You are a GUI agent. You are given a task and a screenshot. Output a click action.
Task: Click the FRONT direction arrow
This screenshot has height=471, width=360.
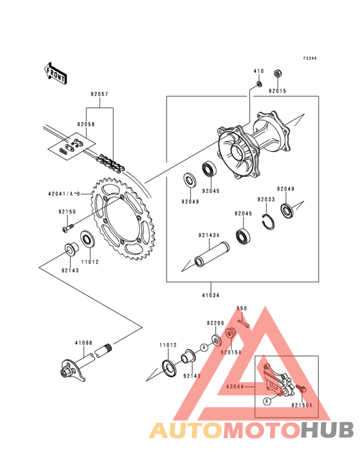55,73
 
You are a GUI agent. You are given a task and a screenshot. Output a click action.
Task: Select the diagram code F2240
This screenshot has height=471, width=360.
310,59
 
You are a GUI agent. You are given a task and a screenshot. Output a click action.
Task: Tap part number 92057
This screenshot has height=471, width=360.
100,94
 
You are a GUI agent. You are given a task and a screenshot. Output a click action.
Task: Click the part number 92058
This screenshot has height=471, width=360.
85,124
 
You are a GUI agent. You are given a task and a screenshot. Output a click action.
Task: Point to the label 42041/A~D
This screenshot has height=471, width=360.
64,194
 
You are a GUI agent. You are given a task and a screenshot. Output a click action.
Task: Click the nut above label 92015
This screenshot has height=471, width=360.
278,73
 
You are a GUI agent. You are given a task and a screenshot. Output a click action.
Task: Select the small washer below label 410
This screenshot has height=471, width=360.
258,83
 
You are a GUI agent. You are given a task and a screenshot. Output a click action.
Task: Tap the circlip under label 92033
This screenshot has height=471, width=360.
268,222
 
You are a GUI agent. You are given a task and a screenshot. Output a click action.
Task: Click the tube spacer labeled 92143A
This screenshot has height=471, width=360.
212,255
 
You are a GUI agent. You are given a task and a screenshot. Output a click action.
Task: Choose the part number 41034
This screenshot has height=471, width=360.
211,295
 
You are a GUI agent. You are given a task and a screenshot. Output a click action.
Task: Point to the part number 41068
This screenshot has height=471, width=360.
84,343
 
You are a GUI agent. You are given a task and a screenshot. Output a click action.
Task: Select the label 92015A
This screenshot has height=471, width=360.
231,353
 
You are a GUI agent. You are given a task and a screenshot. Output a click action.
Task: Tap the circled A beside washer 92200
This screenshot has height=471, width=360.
204,347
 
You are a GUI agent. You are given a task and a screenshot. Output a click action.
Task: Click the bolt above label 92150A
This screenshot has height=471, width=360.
301,389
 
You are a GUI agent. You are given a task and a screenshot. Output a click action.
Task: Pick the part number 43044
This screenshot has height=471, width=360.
235,387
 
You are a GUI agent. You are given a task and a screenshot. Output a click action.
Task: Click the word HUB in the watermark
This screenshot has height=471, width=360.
328,430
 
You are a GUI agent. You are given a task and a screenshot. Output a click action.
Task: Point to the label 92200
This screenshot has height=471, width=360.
215,323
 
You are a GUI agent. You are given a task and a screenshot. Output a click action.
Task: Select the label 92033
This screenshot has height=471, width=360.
266,199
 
